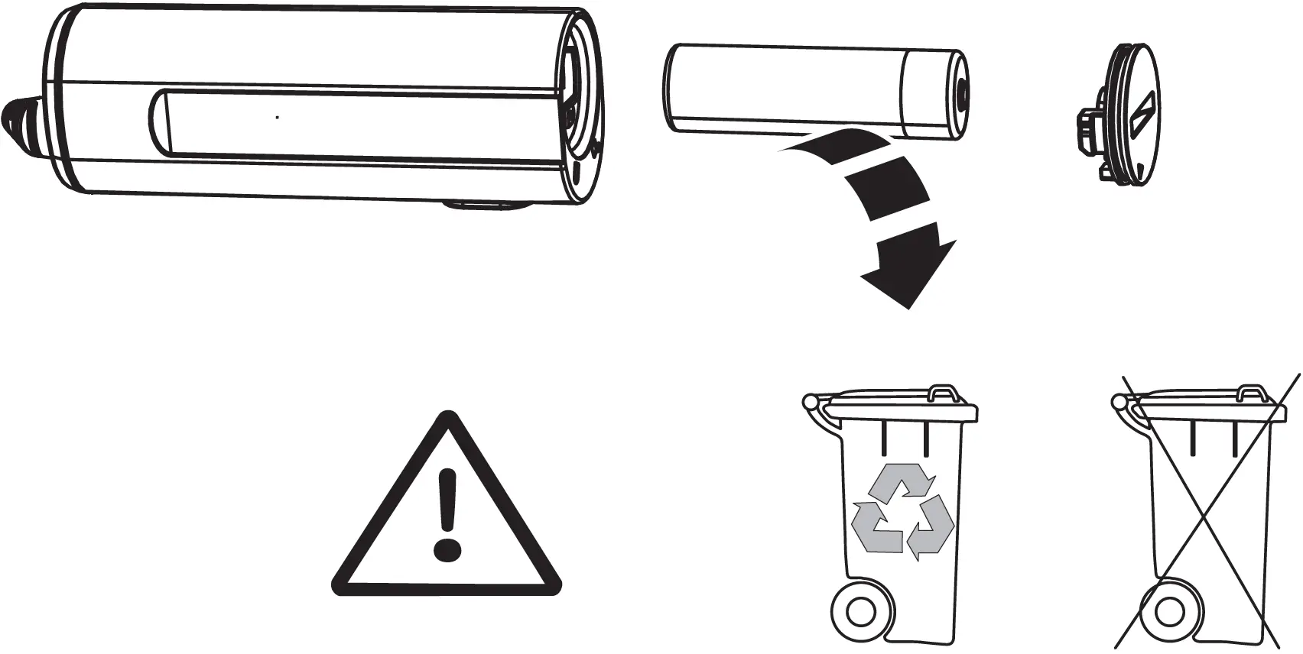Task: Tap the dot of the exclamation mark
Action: (447, 549)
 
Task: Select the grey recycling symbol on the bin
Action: (903, 507)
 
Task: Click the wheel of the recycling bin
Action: (859, 612)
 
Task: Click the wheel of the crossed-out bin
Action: (1168, 612)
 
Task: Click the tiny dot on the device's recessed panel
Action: (277, 118)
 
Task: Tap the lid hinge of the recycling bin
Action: (811, 402)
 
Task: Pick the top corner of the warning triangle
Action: (446, 416)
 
